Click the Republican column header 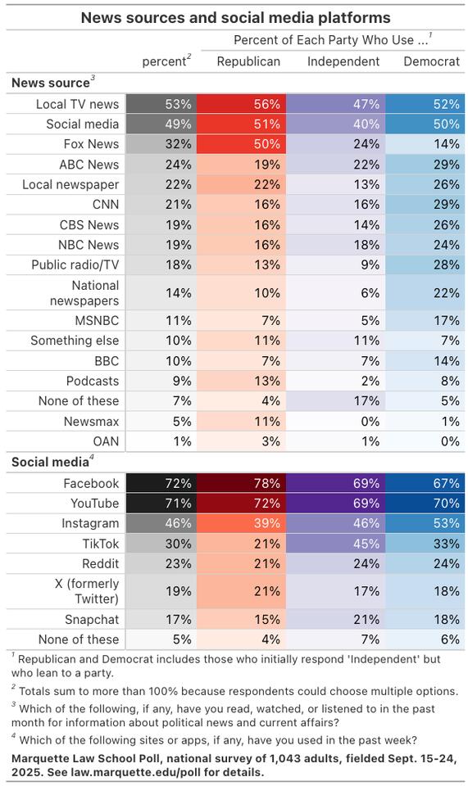click(x=248, y=61)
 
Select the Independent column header click(x=343, y=61)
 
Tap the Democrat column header click(x=431, y=61)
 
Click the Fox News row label click(x=91, y=144)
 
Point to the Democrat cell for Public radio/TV click(x=425, y=264)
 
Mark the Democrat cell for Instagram click(x=425, y=524)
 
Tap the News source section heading click(x=52, y=83)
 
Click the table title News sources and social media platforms click(x=234, y=17)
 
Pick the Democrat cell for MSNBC click(x=425, y=321)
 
